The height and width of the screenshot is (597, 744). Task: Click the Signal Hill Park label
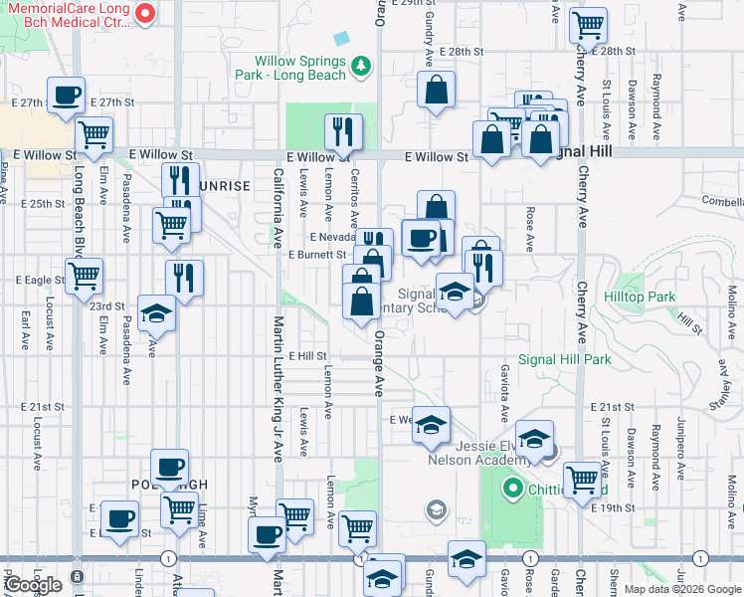[x=564, y=359]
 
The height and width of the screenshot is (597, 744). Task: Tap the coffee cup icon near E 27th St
[x=68, y=96]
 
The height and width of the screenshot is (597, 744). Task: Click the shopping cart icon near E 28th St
[x=589, y=23]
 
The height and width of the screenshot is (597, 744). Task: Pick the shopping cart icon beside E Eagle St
[x=85, y=274]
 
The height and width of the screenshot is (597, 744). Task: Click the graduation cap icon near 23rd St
[x=156, y=313]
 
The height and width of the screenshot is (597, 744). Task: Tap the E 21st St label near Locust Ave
[x=44, y=407]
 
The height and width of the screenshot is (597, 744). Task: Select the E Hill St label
[x=307, y=355]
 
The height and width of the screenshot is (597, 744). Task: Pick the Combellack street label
[x=721, y=200]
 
